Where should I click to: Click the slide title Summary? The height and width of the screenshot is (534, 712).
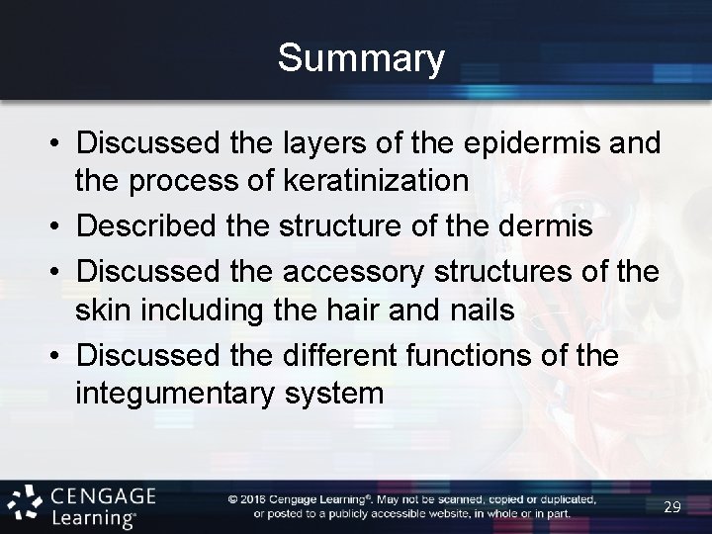(x=361, y=58)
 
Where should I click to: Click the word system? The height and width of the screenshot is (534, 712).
(x=334, y=395)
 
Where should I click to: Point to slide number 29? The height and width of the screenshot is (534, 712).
(x=672, y=506)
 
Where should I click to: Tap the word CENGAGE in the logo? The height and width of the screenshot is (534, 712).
(x=104, y=493)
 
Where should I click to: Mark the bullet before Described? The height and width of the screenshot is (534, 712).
(x=59, y=226)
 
